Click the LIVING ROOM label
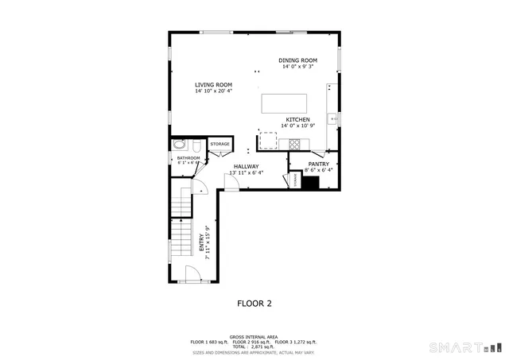click(213, 84)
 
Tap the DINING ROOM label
click(297, 60)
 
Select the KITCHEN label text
click(298, 119)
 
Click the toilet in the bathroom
click(180, 145)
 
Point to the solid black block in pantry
click(310, 182)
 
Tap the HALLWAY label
click(246, 166)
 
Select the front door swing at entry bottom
click(192, 275)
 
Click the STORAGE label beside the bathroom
click(220, 144)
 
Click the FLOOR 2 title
click(254, 303)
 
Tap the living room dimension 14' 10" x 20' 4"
click(213, 91)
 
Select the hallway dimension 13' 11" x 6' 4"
click(246, 172)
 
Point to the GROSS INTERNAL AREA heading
click(254, 337)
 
